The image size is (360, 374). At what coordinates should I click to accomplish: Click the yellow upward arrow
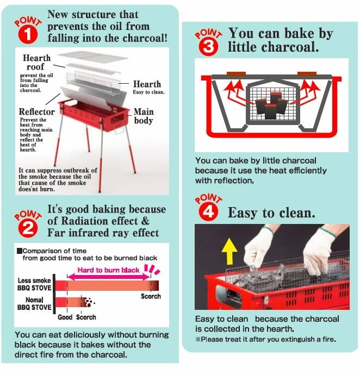click(x=229, y=251)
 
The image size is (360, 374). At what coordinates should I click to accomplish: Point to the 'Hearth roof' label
click(x=36, y=63)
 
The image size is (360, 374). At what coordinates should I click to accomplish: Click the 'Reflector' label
click(x=37, y=111)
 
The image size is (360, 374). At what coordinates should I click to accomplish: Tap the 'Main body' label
click(x=144, y=116)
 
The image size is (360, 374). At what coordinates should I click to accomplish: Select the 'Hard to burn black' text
click(x=108, y=270)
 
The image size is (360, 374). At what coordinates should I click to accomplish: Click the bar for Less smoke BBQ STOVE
click(x=107, y=285)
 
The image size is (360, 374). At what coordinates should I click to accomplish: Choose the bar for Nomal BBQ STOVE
click(x=71, y=302)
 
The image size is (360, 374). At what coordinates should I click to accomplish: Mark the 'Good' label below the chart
click(x=65, y=317)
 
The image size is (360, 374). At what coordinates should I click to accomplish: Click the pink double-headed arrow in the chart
click(x=109, y=277)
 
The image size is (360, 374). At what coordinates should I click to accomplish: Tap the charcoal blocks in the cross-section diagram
click(x=271, y=106)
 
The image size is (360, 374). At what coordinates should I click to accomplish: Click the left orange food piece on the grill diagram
click(x=236, y=74)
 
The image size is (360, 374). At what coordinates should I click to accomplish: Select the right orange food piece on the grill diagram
click(x=307, y=74)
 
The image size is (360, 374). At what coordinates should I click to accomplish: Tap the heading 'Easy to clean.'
click(x=271, y=213)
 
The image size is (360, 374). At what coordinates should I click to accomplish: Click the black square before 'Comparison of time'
click(x=20, y=251)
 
